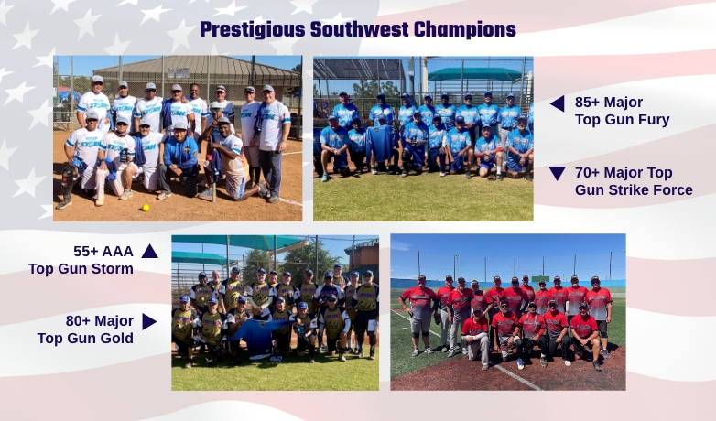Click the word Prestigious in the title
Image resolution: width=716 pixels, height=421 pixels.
[x=253, y=29]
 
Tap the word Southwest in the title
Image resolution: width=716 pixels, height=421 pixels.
[x=359, y=29]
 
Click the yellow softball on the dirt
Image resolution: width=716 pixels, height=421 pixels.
[x=146, y=208]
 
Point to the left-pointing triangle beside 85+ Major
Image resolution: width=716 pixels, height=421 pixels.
[x=558, y=103]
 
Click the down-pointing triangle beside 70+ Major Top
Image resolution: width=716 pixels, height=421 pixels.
[x=557, y=174]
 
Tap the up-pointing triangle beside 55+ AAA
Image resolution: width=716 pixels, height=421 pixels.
[x=150, y=251]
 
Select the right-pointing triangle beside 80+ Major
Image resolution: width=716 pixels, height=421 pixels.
[x=149, y=321]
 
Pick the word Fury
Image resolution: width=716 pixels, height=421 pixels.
[x=655, y=120]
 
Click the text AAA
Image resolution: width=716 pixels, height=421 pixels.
[x=118, y=251]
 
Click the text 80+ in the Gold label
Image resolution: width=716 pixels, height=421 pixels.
[x=77, y=321]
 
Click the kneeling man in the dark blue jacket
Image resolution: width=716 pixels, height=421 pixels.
[x=179, y=160]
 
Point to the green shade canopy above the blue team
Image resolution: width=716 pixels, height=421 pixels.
[x=475, y=74]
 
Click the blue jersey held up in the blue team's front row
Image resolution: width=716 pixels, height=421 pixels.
[x=380, y=143]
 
